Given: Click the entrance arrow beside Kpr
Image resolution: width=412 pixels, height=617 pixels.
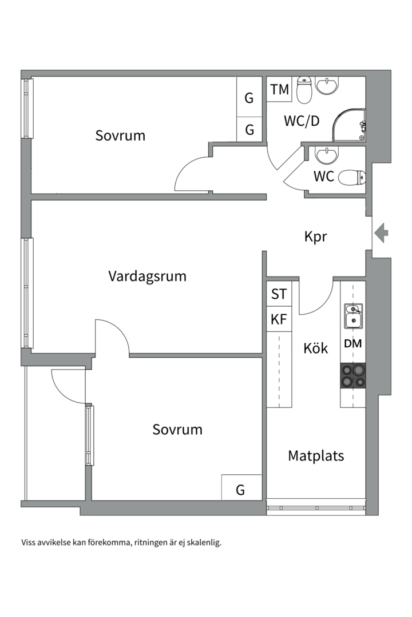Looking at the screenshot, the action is pyautogui.click(x=381, y=233).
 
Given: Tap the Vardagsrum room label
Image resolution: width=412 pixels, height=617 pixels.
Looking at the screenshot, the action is pyautogui.click(x=147, y=277).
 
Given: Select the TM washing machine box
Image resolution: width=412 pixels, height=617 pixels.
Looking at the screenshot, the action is pyautogui.click(x=279, y=89).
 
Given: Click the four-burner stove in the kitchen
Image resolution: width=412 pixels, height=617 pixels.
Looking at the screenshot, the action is pyautogui.click(x=353, y=375).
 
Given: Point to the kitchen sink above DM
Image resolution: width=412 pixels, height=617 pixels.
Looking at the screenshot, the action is pyautogui.click(x=353, y=316).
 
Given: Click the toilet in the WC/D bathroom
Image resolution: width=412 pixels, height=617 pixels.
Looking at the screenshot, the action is pyautogui.click(x=304, y=90).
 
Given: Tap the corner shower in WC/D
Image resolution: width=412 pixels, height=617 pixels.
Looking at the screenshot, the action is pyautogui.click(x=349, y=125).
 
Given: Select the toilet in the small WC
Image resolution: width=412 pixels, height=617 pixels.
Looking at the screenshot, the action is pyautogui.click(x=352, y=177).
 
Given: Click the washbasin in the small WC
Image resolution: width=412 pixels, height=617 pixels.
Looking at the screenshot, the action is pyautogui.click(x=327, y=156).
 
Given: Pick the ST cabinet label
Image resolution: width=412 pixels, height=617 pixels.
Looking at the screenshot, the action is pyautogui.click(x=279, y=294).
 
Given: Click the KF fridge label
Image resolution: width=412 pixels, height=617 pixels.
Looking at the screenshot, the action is pyautogui.click(x=279, y=319).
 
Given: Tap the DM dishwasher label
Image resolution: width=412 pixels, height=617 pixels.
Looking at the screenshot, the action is pyautogui.click(x=353, y=343).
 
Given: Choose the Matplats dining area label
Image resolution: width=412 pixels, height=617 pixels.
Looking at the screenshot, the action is pyautogui.click(x=316, y=456).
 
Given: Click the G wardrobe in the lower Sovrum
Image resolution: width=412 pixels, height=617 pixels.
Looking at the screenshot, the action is pyautogui.click(x=241, y=487).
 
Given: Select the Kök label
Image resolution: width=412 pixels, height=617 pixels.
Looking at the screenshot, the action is pyautogui.click(x=316, y=348).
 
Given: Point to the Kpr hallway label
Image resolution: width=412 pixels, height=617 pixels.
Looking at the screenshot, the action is pyautogui.click(x=316, y=237).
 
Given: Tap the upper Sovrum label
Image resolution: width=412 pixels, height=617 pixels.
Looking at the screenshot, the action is pyautogui.click(x=120, y=135).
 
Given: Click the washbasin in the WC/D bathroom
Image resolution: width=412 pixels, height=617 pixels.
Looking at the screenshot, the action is pyautogui.click(x=327, y=86).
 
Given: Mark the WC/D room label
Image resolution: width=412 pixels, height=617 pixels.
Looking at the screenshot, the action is pyautogui.click(x=302, y=121).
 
